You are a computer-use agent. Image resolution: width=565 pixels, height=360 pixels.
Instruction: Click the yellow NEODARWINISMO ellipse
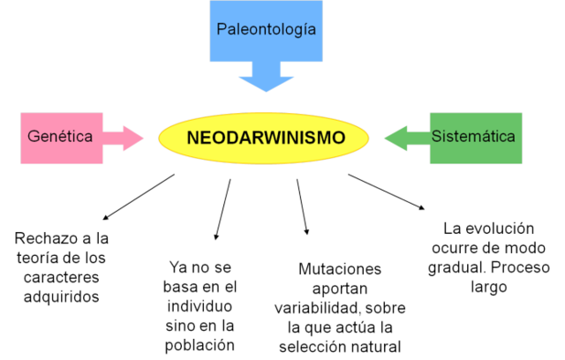266,138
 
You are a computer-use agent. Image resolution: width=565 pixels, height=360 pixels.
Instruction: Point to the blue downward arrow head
266,83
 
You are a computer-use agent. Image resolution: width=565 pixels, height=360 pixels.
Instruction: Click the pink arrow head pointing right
133,138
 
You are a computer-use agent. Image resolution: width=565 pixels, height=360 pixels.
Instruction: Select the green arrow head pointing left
395,138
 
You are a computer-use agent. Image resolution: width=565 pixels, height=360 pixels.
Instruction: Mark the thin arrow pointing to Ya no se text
222,209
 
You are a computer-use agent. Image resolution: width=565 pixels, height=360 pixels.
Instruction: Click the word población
200,345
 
